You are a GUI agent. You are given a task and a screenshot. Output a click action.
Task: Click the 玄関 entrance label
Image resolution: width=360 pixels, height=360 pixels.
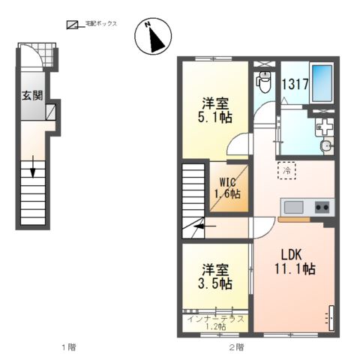[32, 95]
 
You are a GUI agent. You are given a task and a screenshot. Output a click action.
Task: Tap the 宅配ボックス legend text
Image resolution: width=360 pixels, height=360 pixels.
[101, 23]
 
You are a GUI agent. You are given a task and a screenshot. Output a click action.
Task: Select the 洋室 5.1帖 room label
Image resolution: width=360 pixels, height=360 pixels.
[215, 110]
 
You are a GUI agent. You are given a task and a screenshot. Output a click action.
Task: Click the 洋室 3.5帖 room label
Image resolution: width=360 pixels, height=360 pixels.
[215, 277]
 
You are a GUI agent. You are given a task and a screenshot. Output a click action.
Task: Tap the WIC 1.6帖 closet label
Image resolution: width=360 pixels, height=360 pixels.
[227, 188]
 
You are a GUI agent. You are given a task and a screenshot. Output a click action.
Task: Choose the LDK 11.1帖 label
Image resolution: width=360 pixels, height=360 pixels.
[295, 262]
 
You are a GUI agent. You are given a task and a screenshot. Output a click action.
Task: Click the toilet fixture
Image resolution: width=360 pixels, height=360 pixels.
[263, 82]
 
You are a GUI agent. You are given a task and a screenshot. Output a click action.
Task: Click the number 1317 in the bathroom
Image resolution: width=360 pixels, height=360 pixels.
[295, 84]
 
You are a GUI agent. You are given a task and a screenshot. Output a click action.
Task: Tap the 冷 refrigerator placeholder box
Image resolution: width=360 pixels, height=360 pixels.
[287, 170]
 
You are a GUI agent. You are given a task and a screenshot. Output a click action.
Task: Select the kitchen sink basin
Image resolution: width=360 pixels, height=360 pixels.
[293, 207]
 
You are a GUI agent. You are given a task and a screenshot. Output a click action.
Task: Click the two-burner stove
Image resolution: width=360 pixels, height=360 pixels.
[322, 207]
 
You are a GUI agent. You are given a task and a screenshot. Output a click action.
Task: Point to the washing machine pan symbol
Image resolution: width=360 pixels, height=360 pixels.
[325, 127]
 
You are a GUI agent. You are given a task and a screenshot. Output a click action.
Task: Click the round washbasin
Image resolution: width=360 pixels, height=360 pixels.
[326, 145]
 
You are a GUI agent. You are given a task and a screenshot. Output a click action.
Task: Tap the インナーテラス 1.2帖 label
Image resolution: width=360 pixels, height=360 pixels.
[215, 322]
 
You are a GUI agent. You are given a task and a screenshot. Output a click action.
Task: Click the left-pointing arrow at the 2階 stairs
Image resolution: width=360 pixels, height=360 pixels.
[205, 226]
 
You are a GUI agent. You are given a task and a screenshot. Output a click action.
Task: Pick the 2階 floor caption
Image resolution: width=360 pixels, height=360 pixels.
[236, 347]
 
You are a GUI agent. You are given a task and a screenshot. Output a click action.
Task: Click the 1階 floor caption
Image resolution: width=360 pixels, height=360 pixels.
[69, 347]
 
